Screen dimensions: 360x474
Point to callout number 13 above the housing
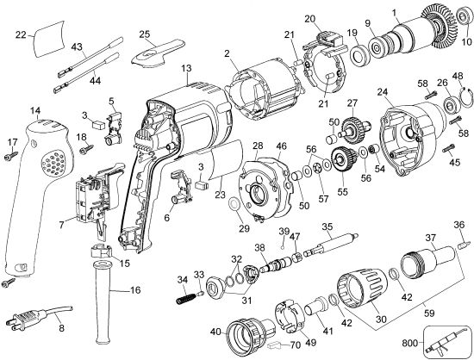click(x=186, y=68)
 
